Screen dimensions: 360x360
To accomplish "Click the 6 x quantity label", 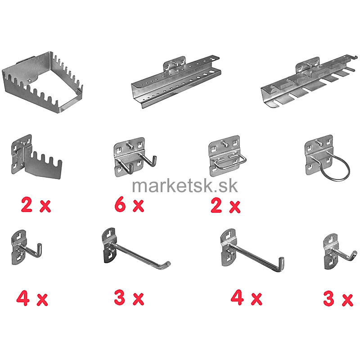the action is coord(129,205).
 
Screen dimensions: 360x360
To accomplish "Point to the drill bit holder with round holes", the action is coord(176,81).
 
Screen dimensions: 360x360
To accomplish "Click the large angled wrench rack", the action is coord(42,82).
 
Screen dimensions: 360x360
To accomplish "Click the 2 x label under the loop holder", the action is coord(225,206).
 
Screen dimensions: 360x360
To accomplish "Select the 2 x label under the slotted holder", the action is coord(36,205).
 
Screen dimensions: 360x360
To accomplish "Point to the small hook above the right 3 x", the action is coord(340,252).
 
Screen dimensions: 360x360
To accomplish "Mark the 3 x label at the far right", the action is coord(338,298).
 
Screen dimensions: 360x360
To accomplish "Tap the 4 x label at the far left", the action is coord(32,298).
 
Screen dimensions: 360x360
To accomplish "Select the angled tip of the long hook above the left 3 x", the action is coord(166,264).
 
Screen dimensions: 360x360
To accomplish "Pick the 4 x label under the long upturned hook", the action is coord(246,298).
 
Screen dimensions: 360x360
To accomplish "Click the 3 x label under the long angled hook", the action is coord(129,298).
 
